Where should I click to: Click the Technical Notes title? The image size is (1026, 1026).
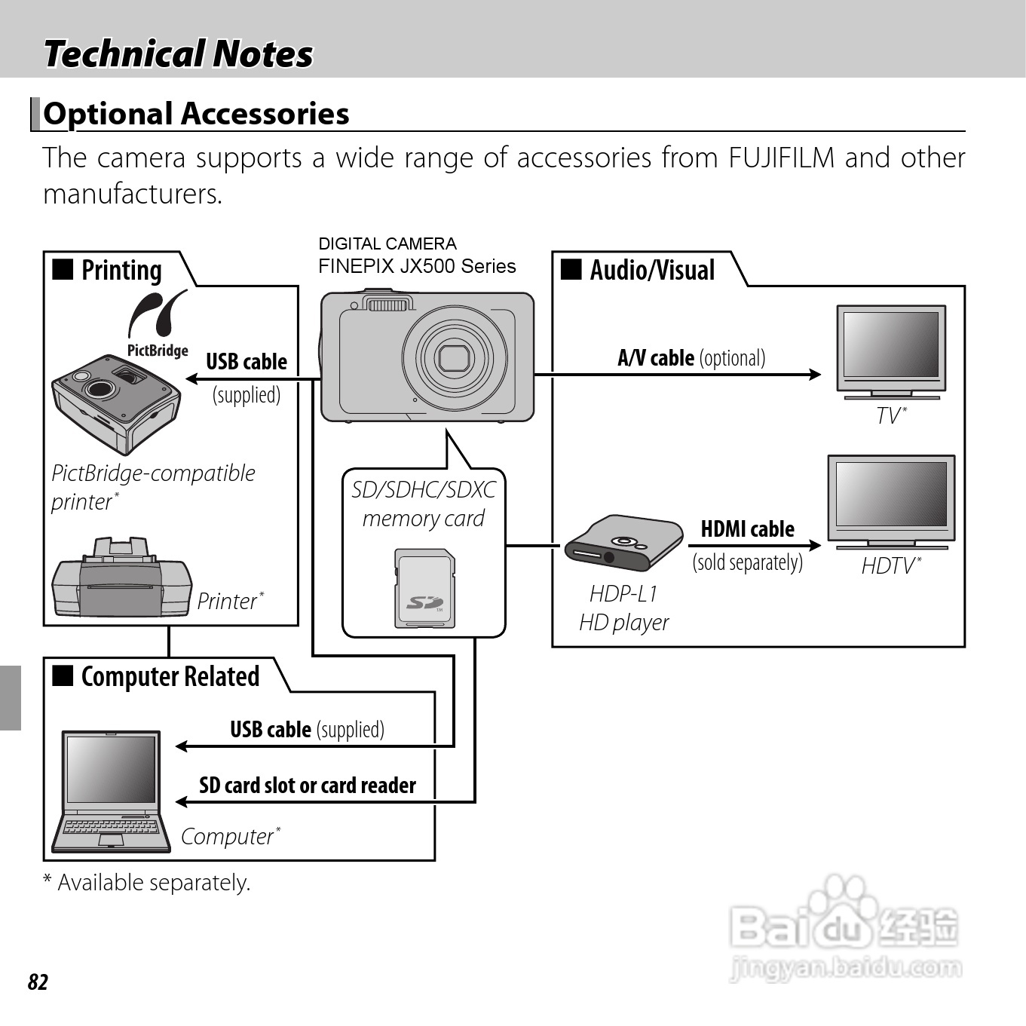click(178, 54)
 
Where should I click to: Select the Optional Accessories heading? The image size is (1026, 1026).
click(196, 114)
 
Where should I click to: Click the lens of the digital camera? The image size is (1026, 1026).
click(454, 357)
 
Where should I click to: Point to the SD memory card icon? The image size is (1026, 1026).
click(424, 589)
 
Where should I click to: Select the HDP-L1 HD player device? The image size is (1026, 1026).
click(617, 544)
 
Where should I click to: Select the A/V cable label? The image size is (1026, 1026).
click(691, 357)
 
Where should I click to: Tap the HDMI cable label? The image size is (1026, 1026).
click(747, 529)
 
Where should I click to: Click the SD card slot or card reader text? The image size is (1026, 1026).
click(308, 786)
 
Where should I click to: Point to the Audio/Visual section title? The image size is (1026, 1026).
click(652, 270)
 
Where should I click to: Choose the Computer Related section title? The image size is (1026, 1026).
click(170, 676)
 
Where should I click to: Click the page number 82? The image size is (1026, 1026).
click(38, 982)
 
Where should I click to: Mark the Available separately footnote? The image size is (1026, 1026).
click(147, 882)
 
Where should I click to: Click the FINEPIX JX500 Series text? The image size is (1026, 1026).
click(417, 266)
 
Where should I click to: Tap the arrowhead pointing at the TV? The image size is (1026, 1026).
click(814, 374)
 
